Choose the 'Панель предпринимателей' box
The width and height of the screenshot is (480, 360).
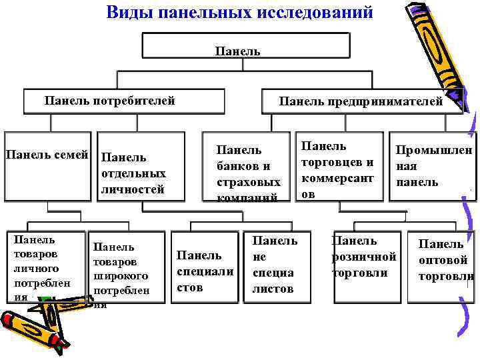pos(361,101)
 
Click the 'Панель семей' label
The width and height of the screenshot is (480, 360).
pos(47,155)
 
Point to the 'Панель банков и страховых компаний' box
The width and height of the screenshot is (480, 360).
pos(248,167)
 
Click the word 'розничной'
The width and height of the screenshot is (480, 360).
pos(363,257)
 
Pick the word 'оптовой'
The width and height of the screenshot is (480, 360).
pos(443,260)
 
